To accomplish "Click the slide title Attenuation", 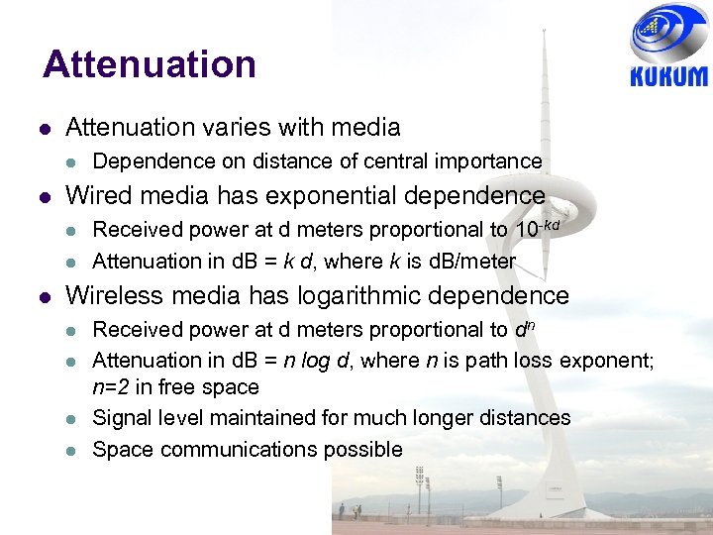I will (x=150, y=65).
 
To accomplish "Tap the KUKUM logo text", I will (x=668, y=76).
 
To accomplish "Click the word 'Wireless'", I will (x=114, y=295).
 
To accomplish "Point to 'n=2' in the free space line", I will (x=112, y=387).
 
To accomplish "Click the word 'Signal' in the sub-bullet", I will (x=121, y=418).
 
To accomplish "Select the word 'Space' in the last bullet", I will (x=122, y=449).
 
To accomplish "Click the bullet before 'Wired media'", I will (x=46, y=196).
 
